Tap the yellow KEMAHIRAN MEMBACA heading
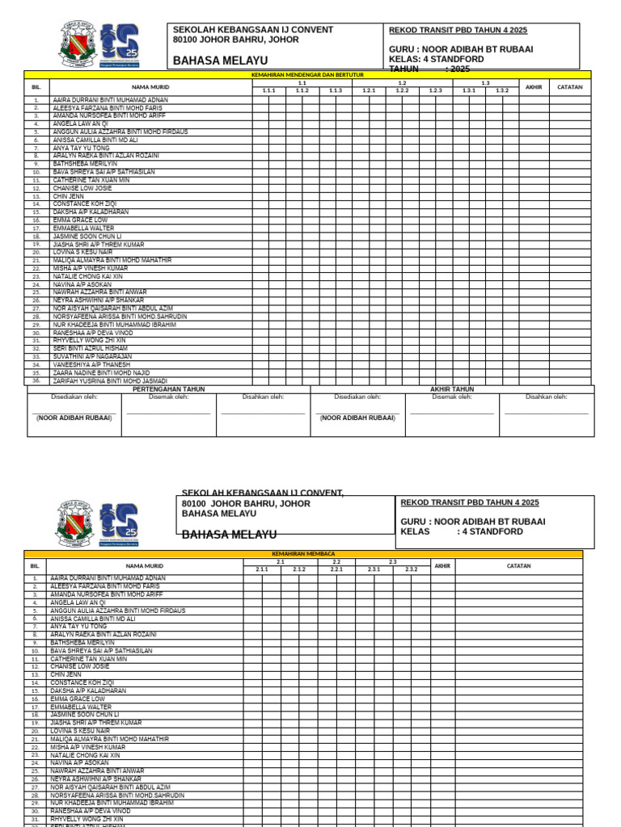click(x=303, y=554)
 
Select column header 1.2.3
click(x=436, y=90)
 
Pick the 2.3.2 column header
click(x=411, y=569)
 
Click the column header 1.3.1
click(x=469, y=90)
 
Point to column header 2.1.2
click(x=299, y=569)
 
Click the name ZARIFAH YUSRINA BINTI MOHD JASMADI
click(x=110, y=380)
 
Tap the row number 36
click(x=36, y=380)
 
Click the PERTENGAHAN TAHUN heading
click(x=168, y=389)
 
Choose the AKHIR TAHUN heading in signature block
click(x=452, y=389)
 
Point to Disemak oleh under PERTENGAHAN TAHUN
click(x=168, y=397)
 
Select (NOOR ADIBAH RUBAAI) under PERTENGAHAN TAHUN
click(x=74, y=418)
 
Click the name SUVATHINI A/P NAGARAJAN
click(x=92, y=356)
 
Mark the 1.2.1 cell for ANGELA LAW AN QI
click(x=369, y=124)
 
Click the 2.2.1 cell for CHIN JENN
click(x=336, y=674)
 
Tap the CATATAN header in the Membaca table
click(x=518, y=565)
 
